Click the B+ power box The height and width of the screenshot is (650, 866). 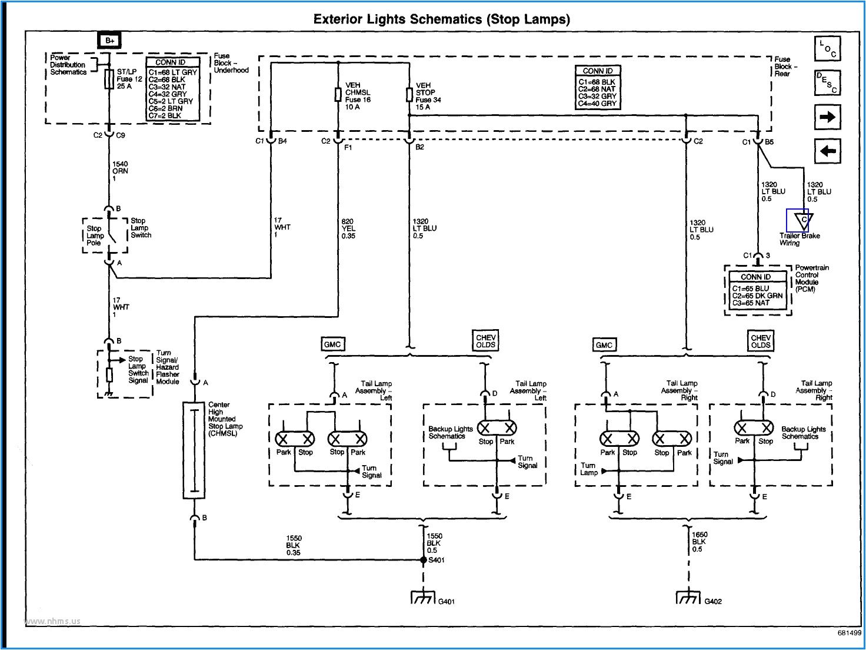tap(109, 41)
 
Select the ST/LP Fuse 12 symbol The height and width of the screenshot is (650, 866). tap(109, 79)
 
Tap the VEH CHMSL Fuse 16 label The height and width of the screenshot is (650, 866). tap(358, 96)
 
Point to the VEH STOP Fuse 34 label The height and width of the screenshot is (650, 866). tap(428, 96)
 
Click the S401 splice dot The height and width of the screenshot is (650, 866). tap(423, 560)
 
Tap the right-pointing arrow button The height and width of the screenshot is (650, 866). tap(827, 117)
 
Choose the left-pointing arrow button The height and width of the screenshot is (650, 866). tap(827, 151)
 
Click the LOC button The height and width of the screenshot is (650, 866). tap(827, 49)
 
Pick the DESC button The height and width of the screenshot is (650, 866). tap(827, 83)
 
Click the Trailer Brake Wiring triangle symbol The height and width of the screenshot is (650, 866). tap(802, 221)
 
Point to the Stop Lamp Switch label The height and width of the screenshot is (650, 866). tap(141, 228)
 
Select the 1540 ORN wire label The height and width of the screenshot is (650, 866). tap(120, 171)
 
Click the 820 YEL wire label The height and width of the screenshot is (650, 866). tap(348, 229)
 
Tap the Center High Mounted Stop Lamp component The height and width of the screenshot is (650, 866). tap(194, 450)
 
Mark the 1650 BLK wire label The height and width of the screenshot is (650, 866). tap(699, 542)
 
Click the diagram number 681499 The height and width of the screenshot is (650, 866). tap(849, 633)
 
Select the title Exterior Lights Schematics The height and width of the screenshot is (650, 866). tap(441, 19)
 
